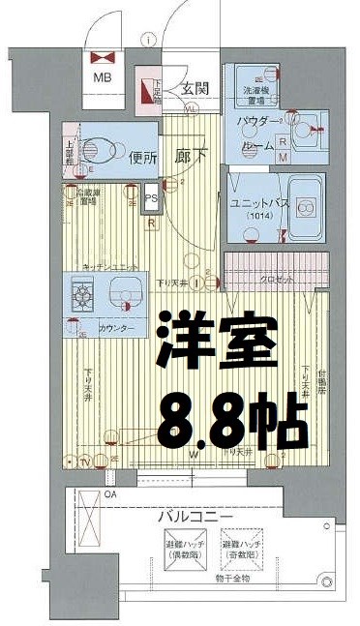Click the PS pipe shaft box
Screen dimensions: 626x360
point(150,202)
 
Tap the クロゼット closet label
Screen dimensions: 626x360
point(278,279)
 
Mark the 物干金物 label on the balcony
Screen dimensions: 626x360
point(233,580)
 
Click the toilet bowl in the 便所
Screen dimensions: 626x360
point(94,153)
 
